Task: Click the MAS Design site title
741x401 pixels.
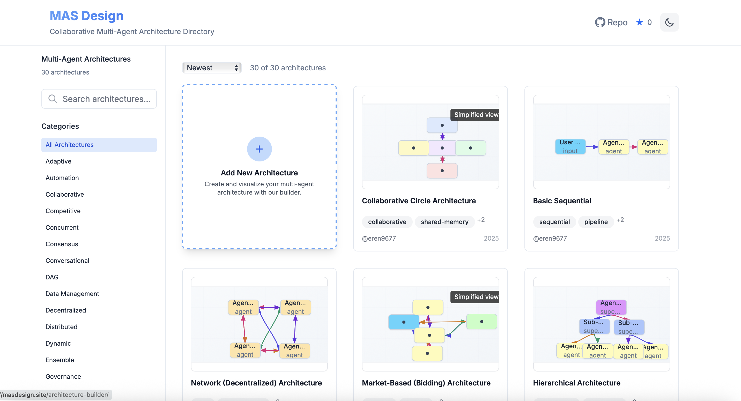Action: tap(86, 16)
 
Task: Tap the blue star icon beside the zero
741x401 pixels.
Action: tap(639, 22)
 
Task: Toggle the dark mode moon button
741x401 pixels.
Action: tap(669, 22)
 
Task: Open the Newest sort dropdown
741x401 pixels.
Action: tap(212, 68)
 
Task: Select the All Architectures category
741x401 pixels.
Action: tap(99, 145)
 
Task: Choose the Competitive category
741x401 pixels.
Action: tap(63, 211)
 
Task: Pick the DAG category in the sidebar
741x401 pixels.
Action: tap(52, 277)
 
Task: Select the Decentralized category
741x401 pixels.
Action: tap(65, 310)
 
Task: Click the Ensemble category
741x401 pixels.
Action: tap(60, 360)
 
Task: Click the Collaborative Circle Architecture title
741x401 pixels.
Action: tap(419, 201)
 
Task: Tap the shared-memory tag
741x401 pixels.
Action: tap(444, 222)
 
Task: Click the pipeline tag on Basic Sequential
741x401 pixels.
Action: tap(596, 222)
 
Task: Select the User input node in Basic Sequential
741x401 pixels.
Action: tap(570, 147)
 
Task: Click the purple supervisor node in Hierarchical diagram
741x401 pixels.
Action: tap(611, 307)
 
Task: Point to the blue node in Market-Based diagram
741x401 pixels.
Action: tap(403, 322)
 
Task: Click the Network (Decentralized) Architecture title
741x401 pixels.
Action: tap(256, 383)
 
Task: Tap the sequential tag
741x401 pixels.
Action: tap(554, 222)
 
